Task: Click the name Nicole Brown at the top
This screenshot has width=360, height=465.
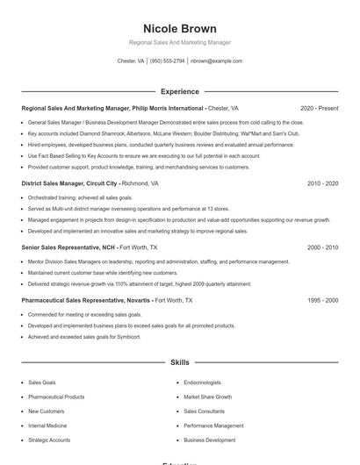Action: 179,28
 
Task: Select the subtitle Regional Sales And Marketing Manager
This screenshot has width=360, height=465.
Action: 179,42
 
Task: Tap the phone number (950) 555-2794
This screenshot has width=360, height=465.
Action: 167,61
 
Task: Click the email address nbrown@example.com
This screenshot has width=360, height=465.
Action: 216,61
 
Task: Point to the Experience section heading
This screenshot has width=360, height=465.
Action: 179,91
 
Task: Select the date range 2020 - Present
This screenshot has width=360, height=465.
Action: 319,109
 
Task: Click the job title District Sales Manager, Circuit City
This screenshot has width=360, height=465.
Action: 70,184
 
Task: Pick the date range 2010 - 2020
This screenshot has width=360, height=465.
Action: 322,184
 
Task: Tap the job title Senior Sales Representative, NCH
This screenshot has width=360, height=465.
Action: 68,248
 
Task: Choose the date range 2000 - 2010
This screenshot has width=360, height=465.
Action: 322,248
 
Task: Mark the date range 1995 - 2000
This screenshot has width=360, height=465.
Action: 322,300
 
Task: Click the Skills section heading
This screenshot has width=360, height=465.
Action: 179,362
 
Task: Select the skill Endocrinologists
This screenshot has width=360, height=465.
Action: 202,383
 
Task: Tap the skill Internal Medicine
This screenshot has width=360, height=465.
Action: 47,426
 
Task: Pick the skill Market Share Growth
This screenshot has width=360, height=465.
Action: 207,397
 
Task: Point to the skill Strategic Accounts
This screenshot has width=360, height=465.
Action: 49,440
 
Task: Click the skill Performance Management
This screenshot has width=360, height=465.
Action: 213,426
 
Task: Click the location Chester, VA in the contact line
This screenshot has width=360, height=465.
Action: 131,61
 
